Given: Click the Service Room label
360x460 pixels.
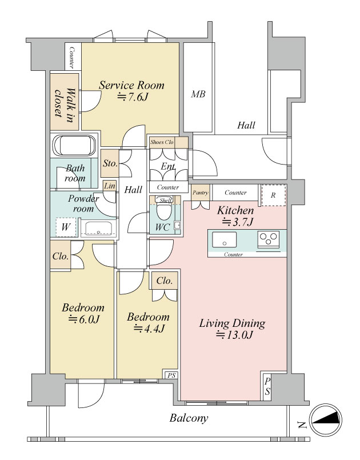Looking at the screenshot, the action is pyautogui.click(x=131, y=85).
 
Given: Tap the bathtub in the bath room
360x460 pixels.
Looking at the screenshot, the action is pyautogui.click(x=74, y=146).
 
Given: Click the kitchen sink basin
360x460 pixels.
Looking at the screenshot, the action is pyautogui.click(x=225, y=239).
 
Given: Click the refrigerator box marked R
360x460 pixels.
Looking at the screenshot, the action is pyautogui.click(x=274, y=195).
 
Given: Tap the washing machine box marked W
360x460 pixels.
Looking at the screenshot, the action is pyautogui.click(x=66, y=227).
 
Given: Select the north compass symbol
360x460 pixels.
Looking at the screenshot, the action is pyautogui.click(x=326, y=420).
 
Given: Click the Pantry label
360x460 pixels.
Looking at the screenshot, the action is pyautogui.click(x=201, y=193).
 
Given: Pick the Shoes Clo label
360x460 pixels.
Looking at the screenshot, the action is pyautogui.click(x=162, y=142).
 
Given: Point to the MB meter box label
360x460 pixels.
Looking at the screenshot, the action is pyautogui.click(x=198, y=94).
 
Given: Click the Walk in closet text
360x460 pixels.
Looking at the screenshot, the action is pyautogui.click(x=65, y=103).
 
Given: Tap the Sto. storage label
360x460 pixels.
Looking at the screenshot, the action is pyautogui.click(x=110, y=163).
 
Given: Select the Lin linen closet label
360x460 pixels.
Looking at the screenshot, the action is pyautogui.click(x=110, y=185).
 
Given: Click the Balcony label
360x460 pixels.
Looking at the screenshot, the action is pyautogui.click(x=189, y=418).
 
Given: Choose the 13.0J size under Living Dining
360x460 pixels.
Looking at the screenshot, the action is pyautogui.click(x=234, y=335).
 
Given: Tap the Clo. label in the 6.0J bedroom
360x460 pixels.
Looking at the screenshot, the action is pyautogui.click(x=61, y=257).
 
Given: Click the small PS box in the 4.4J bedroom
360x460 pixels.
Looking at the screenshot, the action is pyautogui.click(x=171, y=375).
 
